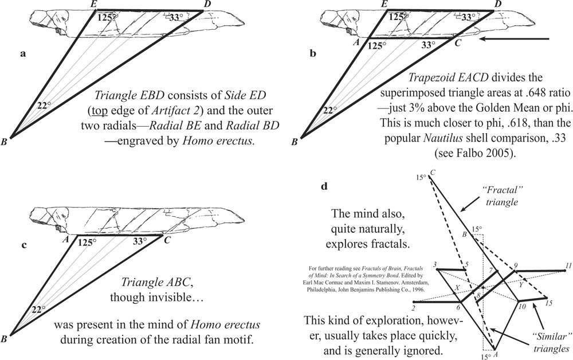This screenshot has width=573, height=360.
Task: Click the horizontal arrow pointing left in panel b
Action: [x=516, y=39]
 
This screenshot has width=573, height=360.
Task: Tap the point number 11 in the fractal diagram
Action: [x=568, y=265]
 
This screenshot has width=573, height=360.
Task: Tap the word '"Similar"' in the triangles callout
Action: [x=547, y=336]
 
